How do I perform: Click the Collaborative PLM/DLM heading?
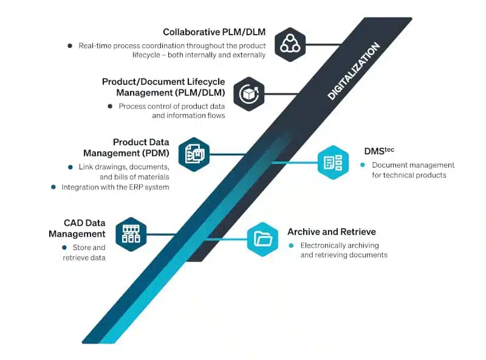pyautogui.click(x=214, y=32)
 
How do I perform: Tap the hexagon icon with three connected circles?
pyautogui.click(x=290, y=44)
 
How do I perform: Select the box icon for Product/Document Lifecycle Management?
pyautogui.click(x=248, y=94)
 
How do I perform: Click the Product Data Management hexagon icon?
pyautogui.click(x=194, y=154)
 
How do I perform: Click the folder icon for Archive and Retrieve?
pyautogui.click(x=262, y=239)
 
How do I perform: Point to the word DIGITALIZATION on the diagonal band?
pyautogui.click(x=354, y=71)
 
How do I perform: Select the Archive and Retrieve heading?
pyautogui.click(x=331, y=232)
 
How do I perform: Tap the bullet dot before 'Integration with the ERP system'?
pyautogui.click(x=53, y=187)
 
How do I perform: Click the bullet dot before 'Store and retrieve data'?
pyautogui.click(x=64, y=247)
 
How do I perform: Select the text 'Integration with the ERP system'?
pyautogui.click(x=115, y=187)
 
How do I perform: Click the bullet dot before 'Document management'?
pyautogui.click(x=363, y=165)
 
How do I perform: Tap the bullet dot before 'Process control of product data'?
pyautogui.click(x=110, y=106)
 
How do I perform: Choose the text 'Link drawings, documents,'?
pyautogui.click(x=124, y=166)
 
